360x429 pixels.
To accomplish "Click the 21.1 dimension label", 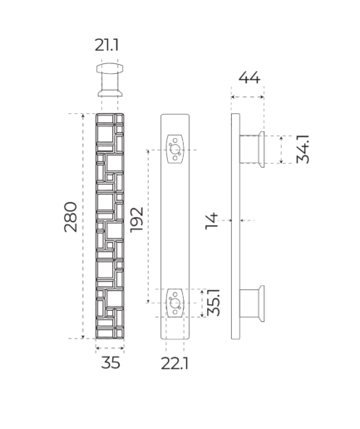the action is pyautogui.click(x=106, y=45).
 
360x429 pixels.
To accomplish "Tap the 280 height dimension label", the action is pyautogui.click(x=71, y=217).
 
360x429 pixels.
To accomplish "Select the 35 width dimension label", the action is pyautogui.click(x=111, y=362).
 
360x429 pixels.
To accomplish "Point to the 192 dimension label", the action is pyautogui.click(x=136, y=219).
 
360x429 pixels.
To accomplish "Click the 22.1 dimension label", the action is pyautogui.click(x=175, y=363).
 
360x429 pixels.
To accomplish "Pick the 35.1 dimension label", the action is pyautogui.click(x=214, y=303).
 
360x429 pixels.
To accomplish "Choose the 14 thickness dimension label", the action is pyautogui.click(x=212, y=221).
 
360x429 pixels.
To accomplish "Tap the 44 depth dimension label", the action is pyautogui.click(x=249, y=77).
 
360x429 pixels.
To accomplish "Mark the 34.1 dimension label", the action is pyautogui.click(x=303, y=149).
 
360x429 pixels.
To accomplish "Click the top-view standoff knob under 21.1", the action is pyautogui.click(x=110, y=80).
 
